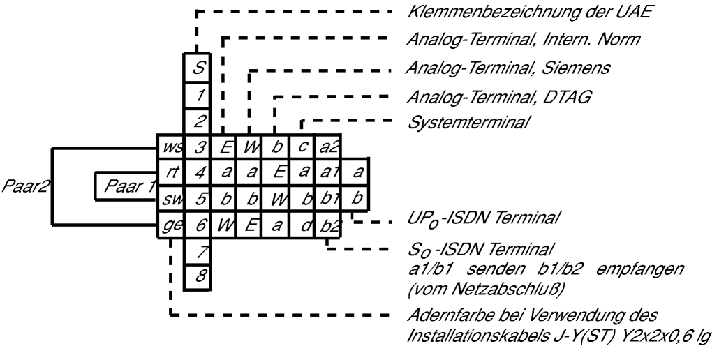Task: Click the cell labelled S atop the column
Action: coord(198,68)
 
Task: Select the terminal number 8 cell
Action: coord(198,278)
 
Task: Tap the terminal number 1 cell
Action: coord(198,96)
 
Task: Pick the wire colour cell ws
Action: coord(171,147)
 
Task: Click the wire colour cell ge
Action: coord(171,225)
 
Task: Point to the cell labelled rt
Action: coord(171,173)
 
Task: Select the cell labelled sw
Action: coord(171,200)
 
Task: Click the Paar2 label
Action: coord(25,186)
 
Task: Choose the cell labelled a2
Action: coord(328,147)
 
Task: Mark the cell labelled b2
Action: coord(328,225)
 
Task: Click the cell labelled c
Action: coord(302,147)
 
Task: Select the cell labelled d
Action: coord(302,225)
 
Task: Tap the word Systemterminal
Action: coord(468,123)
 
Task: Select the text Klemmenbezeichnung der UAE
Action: coord(529,13)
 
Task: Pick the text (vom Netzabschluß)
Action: coord(486,290)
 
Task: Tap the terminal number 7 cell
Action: coord(198,252)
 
